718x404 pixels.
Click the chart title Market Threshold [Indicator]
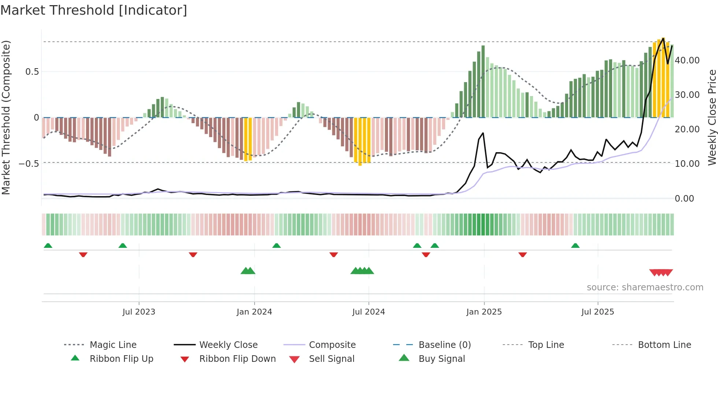click(x=94, y=10)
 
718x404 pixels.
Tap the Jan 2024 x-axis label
click(x=254, y=312)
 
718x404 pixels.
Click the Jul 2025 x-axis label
click(x=597, y=312)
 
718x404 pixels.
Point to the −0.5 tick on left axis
click(x=29, y=164)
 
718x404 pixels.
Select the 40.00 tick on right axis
click(x=687, y=60)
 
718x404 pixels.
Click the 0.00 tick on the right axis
click(x=684, y=198)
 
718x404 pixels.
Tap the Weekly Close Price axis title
click(x=712, y=117)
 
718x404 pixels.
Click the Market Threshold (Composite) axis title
click(x=6, y=117)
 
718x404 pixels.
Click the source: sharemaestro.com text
click(x=645, y=287)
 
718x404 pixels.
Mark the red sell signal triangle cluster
click(x=661, y=272)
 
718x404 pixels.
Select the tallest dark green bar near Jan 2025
click(x=483, y=81)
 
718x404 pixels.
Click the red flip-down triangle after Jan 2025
click(x=522, y=254)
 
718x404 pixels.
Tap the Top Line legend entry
click(x=546, y=345)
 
